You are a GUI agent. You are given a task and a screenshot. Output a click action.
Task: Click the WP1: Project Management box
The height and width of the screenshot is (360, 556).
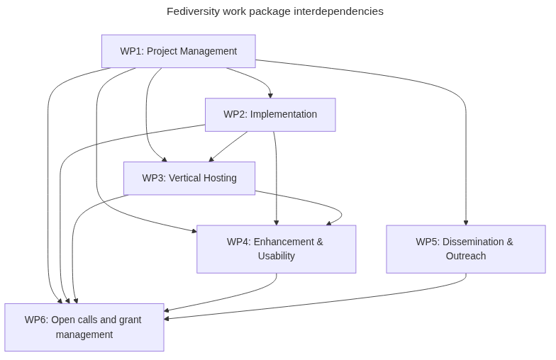pos(178,51)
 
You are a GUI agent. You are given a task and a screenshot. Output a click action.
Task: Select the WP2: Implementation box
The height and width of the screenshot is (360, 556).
pos(270,114)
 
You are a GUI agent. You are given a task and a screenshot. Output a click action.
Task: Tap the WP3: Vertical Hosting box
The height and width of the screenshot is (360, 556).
pos(189,178)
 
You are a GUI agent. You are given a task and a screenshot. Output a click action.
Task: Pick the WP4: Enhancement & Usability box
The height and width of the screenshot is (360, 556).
pos(276,249)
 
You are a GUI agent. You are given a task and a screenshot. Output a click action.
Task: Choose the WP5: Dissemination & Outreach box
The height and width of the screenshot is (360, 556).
pos(466,249)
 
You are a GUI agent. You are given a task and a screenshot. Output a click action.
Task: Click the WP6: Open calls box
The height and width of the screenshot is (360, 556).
pos(84,327)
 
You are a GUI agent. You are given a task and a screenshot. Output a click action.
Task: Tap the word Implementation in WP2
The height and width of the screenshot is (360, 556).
pos(284,114)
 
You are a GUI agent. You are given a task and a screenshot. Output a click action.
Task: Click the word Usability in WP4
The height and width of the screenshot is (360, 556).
pos(276,256)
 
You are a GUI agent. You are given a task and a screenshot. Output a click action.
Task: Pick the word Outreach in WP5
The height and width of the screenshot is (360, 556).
pos(466,256)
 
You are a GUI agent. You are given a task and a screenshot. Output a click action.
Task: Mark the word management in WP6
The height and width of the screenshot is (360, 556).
pos(84,334)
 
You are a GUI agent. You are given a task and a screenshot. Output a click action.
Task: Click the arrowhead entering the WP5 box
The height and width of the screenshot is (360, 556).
pos(466,222)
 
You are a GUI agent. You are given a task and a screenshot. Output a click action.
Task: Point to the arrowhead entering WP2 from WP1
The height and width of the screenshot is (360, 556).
pos(270,95)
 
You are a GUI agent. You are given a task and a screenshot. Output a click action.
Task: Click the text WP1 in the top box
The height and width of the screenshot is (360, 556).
pos(130,51)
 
